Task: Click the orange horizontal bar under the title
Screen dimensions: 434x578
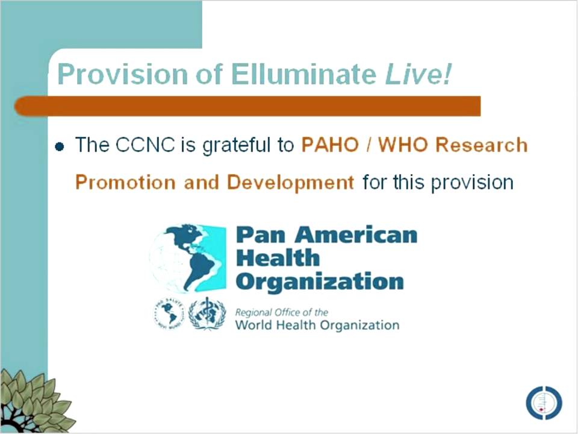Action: [x=247, y=106]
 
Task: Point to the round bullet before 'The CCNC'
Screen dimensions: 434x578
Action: [x=59, y=146]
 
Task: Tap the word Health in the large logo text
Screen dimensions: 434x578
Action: [x=278, y=258]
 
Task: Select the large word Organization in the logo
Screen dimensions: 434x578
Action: [x=320, y=281]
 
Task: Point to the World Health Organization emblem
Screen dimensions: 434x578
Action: [x=207, y=315]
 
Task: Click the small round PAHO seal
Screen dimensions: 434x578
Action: [x=169, y=315]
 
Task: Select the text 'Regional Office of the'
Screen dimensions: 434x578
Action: [x=282, y=312]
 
